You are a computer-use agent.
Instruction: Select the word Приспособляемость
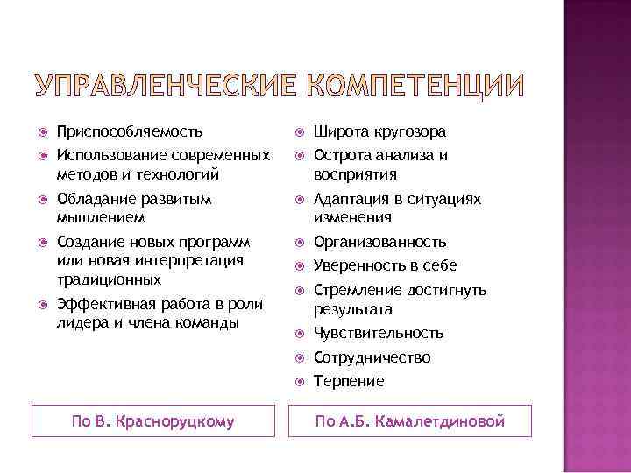[130, 132]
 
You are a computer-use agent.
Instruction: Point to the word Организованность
[380, 242]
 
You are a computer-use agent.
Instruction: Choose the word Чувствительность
[379, 333]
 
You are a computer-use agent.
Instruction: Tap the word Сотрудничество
[372, 357]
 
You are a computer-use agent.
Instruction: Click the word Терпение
[349, 381]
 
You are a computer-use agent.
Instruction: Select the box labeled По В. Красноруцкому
[152, 421]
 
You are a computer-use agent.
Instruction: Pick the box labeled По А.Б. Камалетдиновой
[410, 421]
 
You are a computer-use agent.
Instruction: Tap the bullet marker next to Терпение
[298, 381]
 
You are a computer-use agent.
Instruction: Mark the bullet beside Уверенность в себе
[298, 266]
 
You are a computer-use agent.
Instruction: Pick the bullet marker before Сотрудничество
[298, 357]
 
